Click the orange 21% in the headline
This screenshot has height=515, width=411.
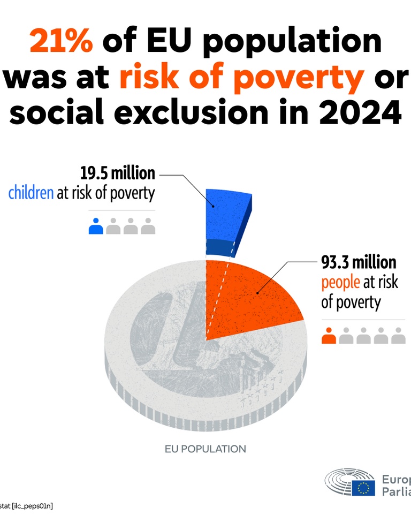pos(61,42)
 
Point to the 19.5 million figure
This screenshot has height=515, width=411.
pos(118,173)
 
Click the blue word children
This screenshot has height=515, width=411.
pos(31,193)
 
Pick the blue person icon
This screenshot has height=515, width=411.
pos(96,226)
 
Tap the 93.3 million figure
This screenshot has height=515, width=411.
pos(359,262)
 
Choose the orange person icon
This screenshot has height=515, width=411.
pos(329,336)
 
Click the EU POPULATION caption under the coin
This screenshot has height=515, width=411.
pos(205,449)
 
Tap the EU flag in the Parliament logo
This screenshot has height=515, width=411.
pos(363,487)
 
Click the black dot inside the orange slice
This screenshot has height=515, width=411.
pos(257,293)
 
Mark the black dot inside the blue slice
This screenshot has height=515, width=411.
pos(214,206)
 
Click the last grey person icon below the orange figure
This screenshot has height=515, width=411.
pos(398,336)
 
